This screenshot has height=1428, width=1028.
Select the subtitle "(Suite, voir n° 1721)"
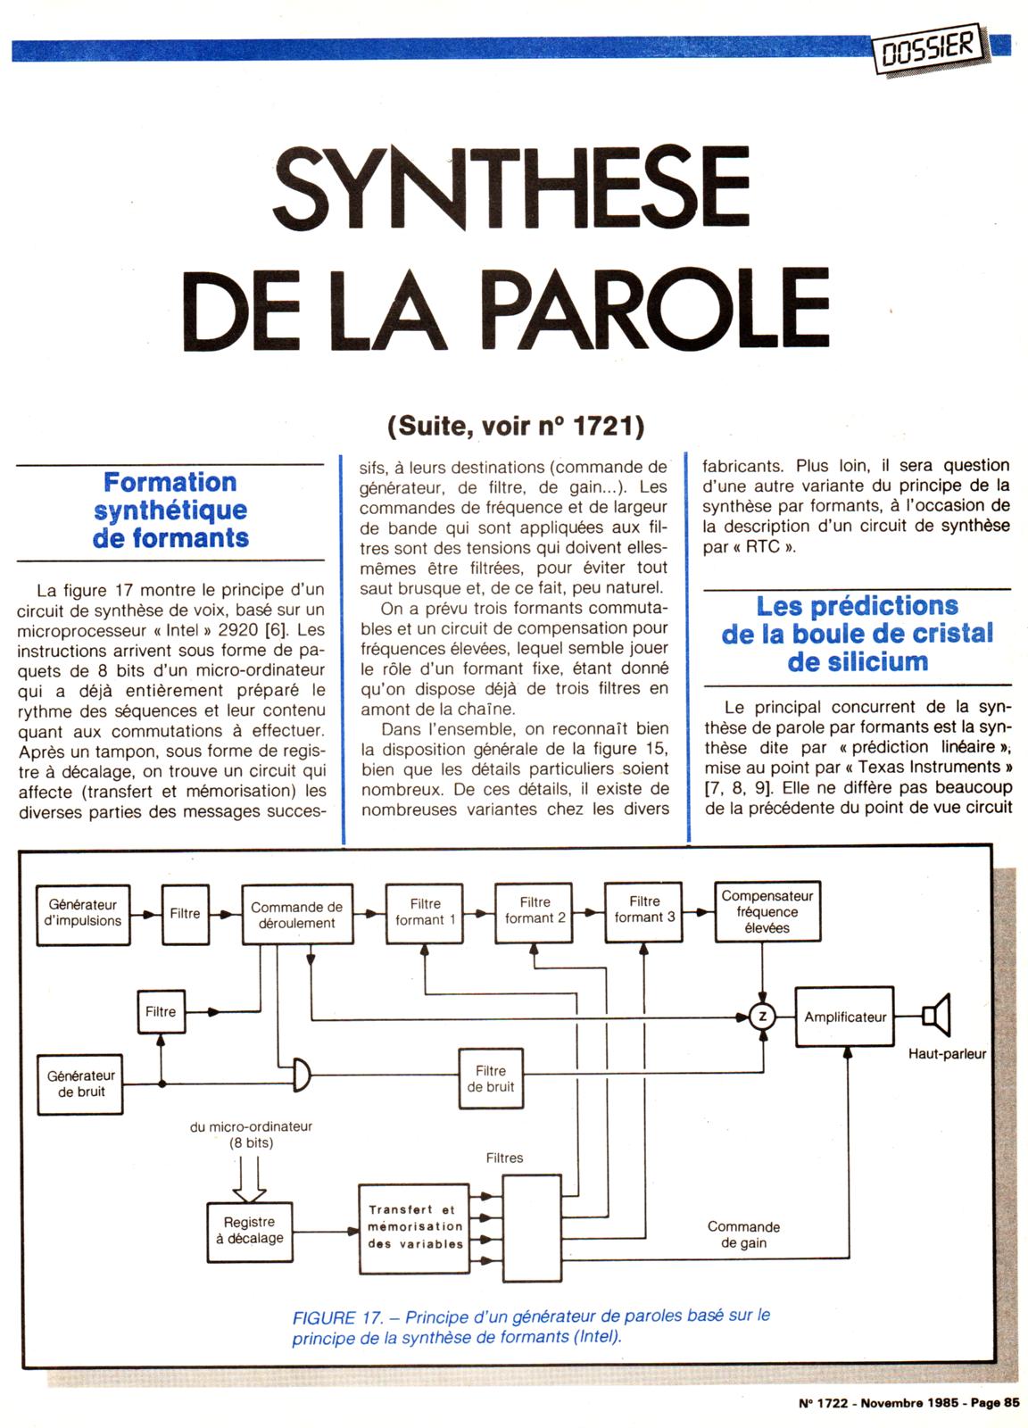(516, 427)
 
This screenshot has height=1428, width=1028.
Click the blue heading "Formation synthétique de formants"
(170, 511)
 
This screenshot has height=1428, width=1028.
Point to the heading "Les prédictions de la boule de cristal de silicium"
(857, 634)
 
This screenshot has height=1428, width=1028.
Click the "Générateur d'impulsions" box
(82, 913)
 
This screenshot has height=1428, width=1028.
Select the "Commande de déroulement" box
(297, 915)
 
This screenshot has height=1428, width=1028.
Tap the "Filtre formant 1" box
(426, 912)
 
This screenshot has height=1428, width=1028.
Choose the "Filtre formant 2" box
(535, 910)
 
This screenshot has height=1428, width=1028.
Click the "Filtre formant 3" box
(644, 909)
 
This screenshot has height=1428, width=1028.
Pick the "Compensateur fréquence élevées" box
(767, 911)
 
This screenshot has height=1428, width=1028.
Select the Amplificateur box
(844, 1017)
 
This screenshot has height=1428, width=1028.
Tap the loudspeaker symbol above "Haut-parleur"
(936, 1016)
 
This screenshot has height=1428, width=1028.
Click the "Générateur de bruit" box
(81, 1083)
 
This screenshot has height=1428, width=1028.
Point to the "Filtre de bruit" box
(490, 1078)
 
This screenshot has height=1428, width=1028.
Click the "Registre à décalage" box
(250, 1231)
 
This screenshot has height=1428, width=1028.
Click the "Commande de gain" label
(743, 1235)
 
